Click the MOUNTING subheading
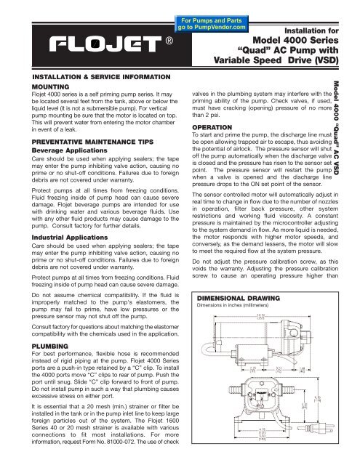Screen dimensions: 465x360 point(33,84)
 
